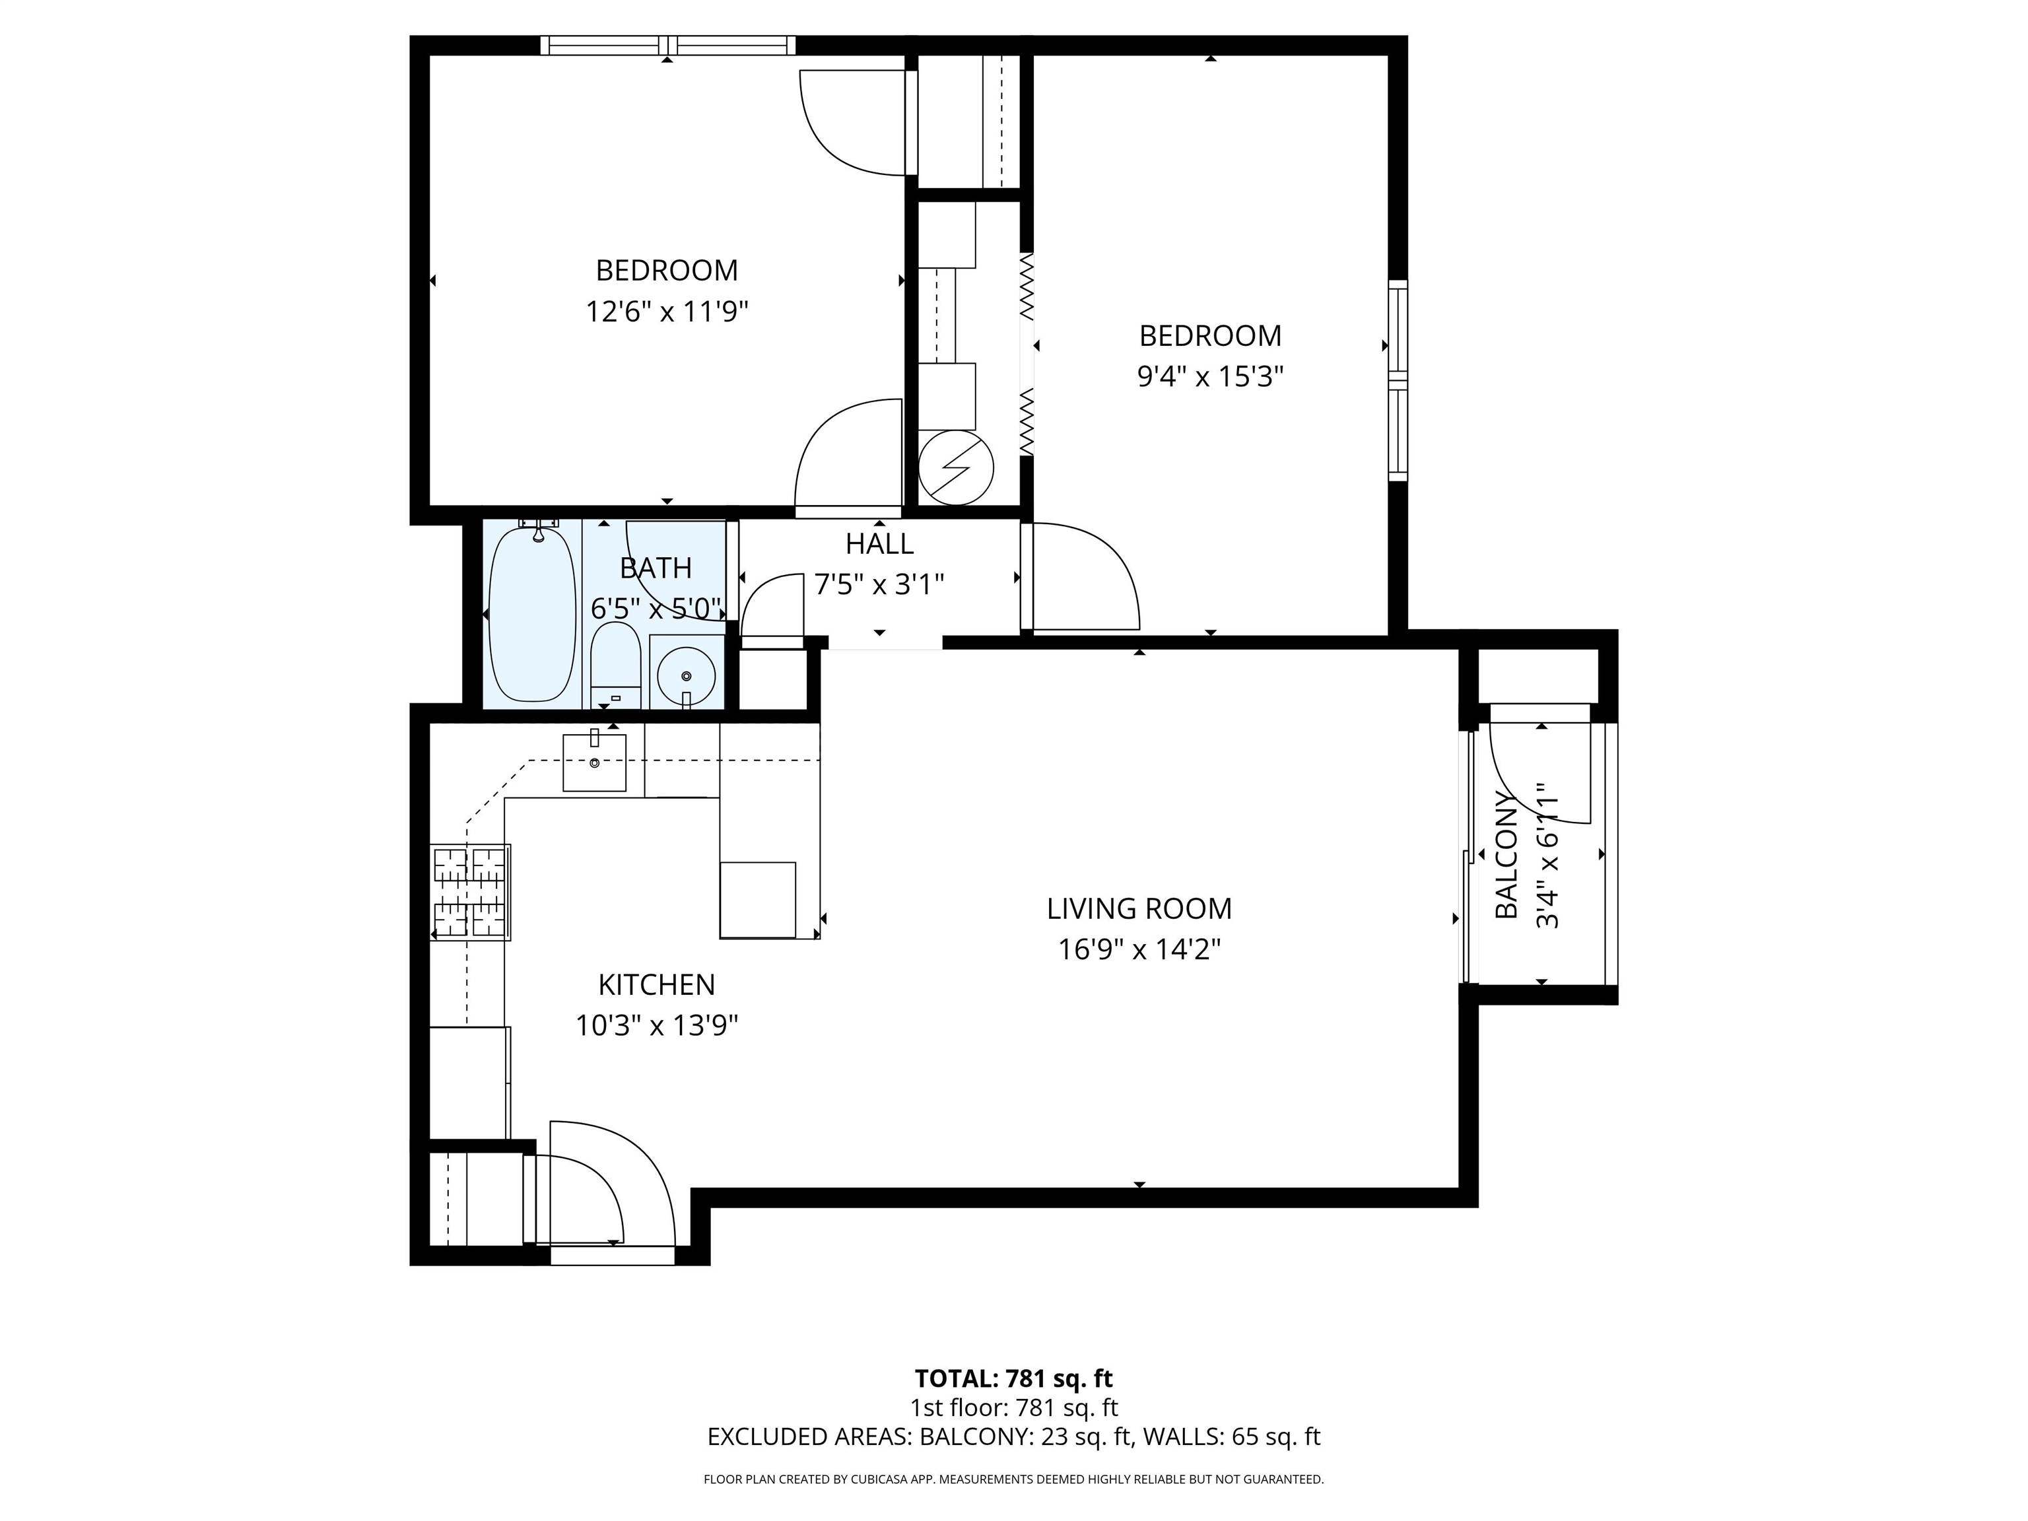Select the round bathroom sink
pos(686,677)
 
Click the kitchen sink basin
pos(594,762)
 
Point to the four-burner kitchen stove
pos(470,892)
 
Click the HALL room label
pos(879,545)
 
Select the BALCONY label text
pos(1506,854)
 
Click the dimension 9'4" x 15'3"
pos(1209,377)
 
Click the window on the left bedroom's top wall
pos(667,45)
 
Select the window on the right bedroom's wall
pos(1398,380)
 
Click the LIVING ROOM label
pos(1139,908)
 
